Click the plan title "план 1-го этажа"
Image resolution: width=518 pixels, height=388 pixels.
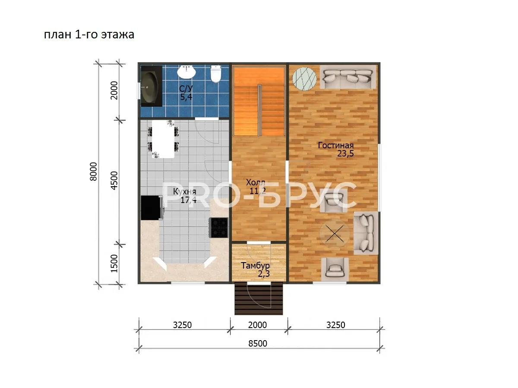[89, 34]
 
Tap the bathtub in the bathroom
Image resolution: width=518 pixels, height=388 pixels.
[151, 86]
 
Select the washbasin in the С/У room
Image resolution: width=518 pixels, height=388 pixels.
[186, 72]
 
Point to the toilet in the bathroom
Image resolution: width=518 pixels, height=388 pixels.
[215, 74]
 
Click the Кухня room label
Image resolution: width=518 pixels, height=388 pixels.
[185, 191]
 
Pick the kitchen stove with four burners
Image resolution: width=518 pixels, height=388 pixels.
[219, 228]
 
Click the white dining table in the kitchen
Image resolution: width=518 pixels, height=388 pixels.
[163, 139]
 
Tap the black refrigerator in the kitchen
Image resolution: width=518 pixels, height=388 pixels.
[152, 208]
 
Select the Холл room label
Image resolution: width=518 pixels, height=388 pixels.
[256, 182]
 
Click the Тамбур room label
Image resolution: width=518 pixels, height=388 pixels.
[256, 266]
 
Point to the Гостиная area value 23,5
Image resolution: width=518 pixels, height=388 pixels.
[345, 153]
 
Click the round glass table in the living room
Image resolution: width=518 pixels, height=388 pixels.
[304, 79]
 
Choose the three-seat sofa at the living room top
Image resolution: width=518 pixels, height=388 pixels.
[348, 77]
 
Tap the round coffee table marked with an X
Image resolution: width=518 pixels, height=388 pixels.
[335, 234]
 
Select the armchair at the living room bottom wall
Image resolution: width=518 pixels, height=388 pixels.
[335, 269]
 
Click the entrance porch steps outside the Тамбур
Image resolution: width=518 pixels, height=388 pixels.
[259, 298]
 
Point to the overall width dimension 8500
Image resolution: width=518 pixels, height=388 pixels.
[258, 344]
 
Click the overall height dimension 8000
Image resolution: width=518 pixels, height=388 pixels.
[93, 172]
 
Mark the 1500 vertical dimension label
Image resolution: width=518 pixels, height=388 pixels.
[114, 263]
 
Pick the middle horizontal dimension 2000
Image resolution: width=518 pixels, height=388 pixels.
[257, 325]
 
